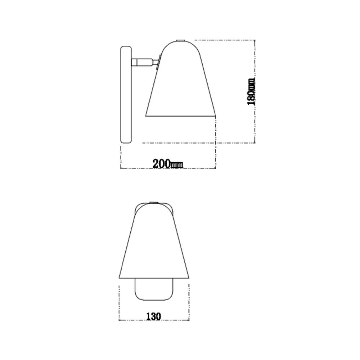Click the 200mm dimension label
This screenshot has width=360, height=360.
tap(167, 164)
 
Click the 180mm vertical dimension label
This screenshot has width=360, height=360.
tap(251, 92)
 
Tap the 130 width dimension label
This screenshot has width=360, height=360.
tap(153, 316)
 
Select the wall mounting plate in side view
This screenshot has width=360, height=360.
tap(126, 95)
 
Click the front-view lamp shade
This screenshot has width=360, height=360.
tap(154, 245)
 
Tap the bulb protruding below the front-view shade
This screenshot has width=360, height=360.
tap(154, 290)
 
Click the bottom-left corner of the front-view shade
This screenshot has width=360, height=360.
tap(120, 278)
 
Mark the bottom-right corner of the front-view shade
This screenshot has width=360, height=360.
tap(189, 278)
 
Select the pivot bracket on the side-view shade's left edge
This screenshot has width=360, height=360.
tap(159, 60)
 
